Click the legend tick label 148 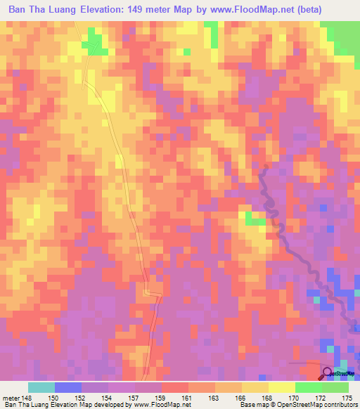click(x=27, y=398)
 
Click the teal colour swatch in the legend click(x=41, y=388)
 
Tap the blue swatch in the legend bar click(x=68, y=388)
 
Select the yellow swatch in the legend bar click(x=255, y=388)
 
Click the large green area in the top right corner click(x=341, y=35)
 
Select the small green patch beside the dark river click(x=253, y=219)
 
